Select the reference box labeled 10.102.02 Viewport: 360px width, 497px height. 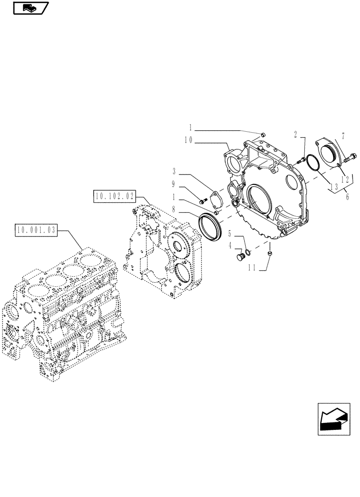coord(114,196)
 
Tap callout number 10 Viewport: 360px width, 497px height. coord(188,141)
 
